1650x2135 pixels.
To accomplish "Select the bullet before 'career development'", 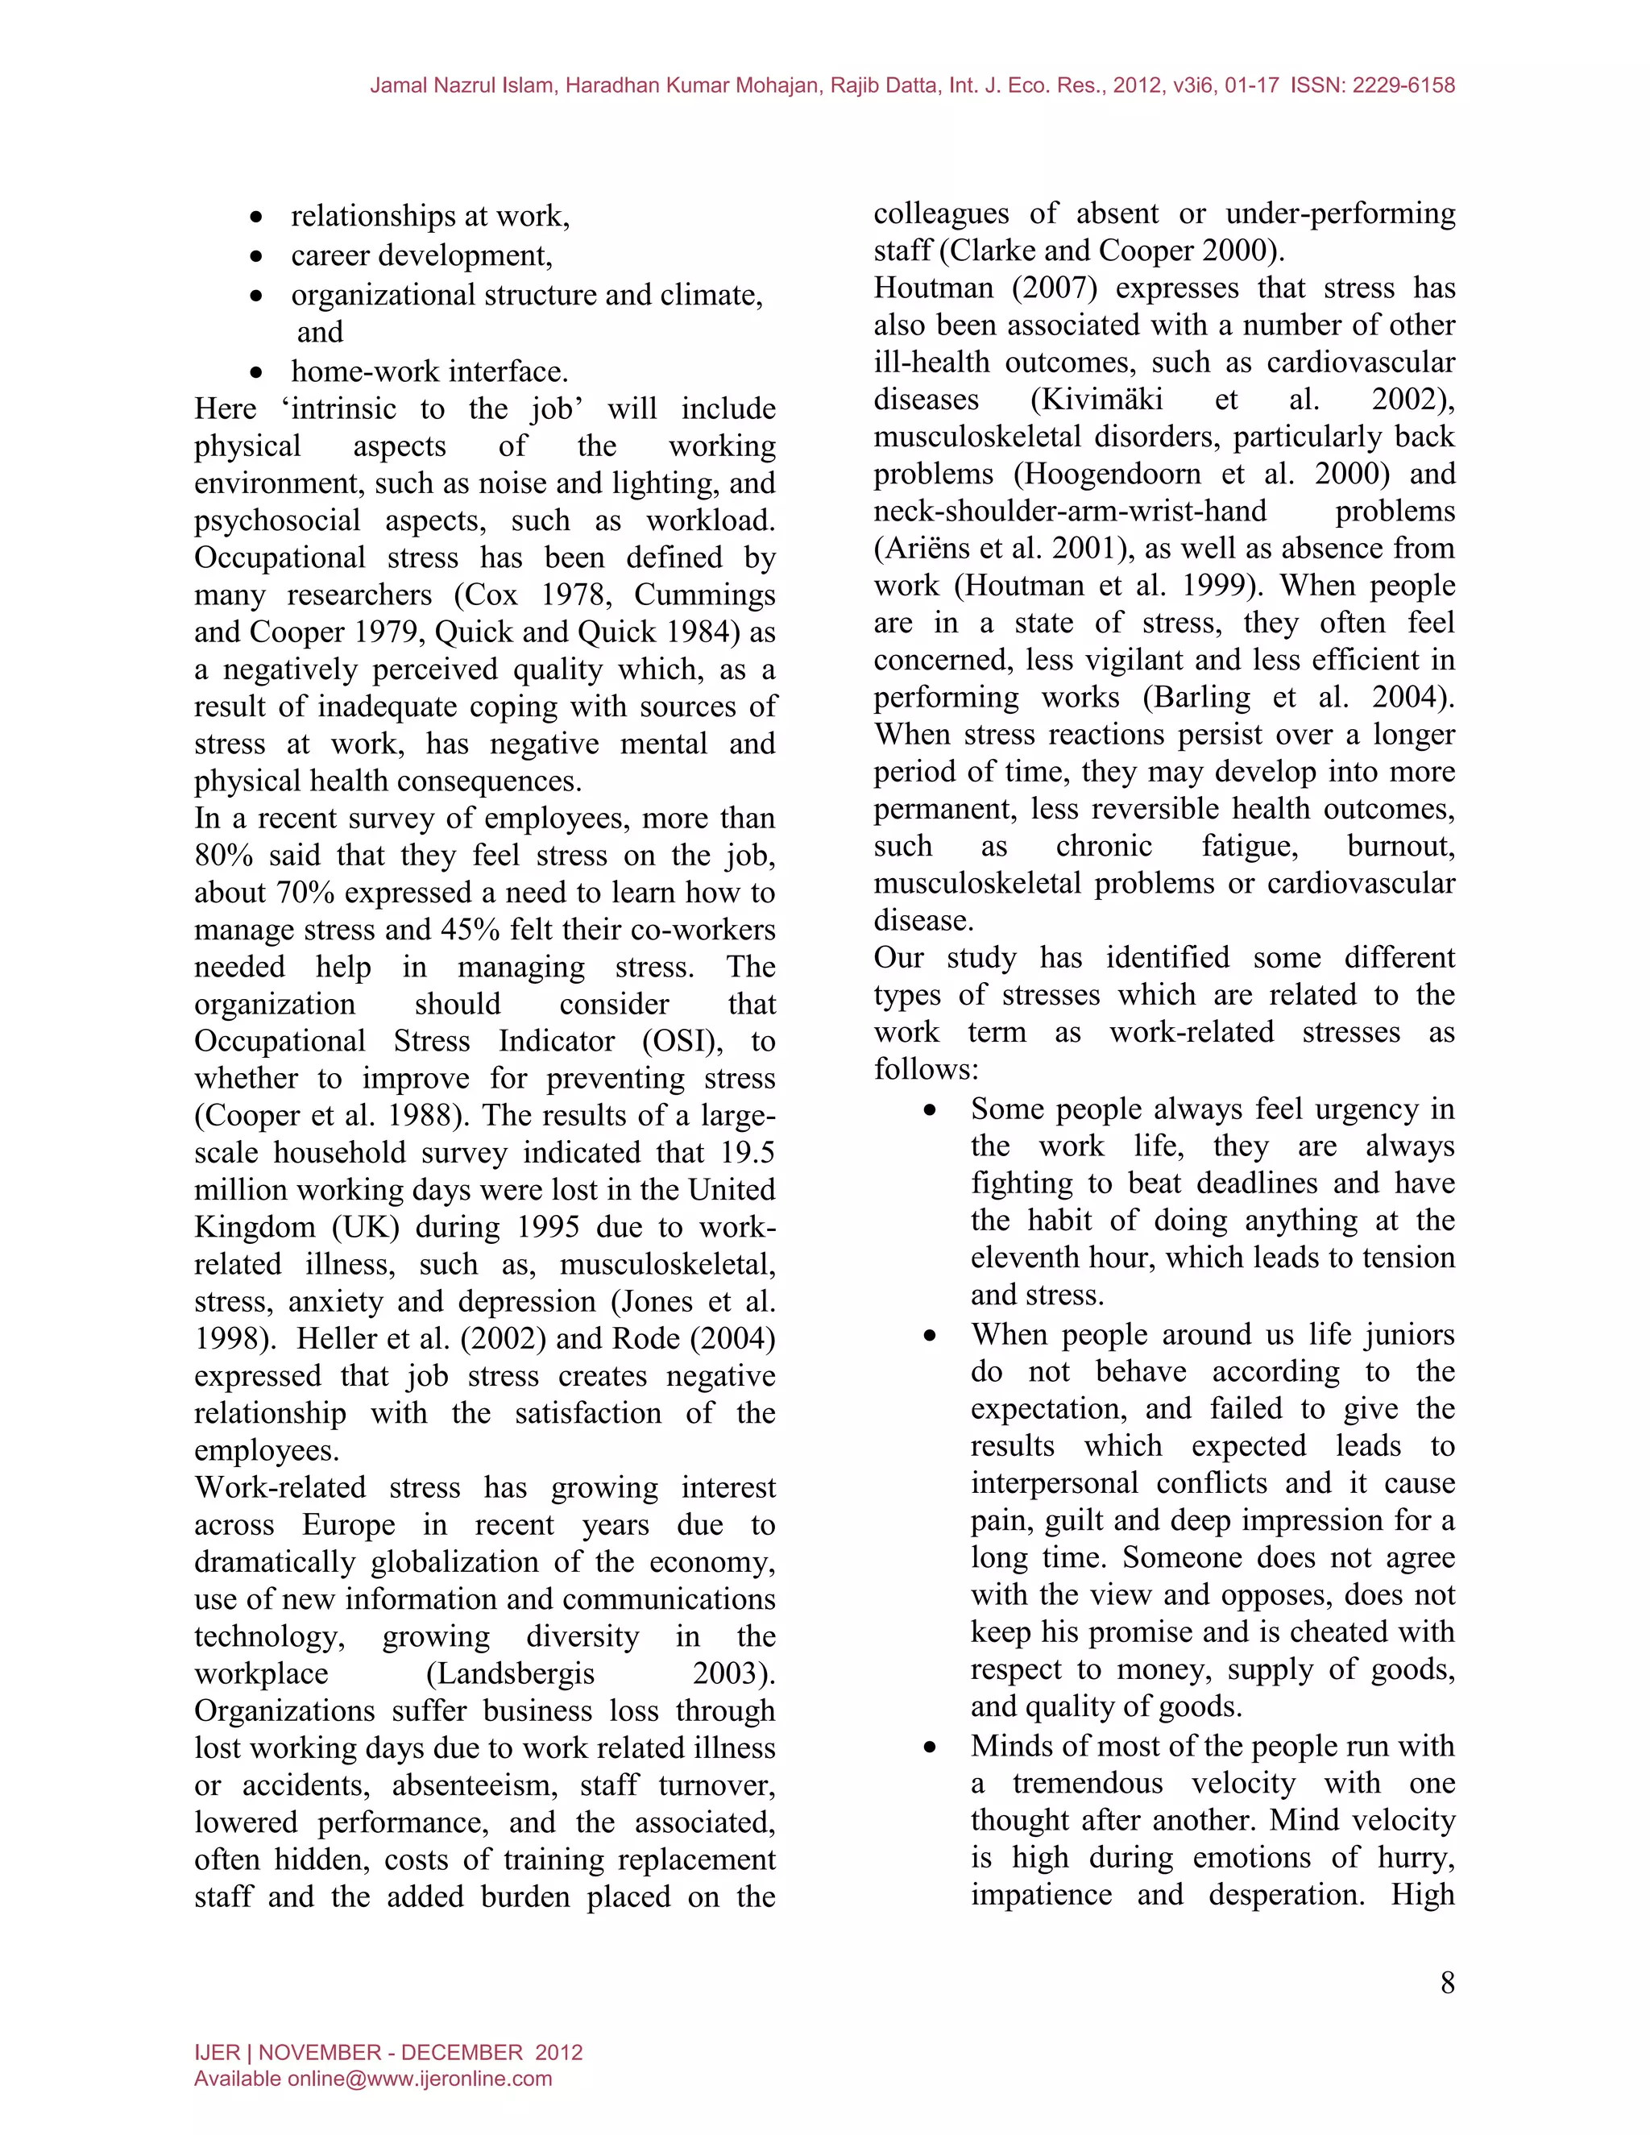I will (256, 257).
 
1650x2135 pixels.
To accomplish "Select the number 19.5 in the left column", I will (748, 1153).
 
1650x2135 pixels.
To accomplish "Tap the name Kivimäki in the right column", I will (1097, 400).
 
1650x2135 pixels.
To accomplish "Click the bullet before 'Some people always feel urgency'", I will (931, 1110).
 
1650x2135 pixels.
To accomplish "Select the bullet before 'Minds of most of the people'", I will (931, 1748).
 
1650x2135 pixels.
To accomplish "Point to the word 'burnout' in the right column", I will (1399, 846).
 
